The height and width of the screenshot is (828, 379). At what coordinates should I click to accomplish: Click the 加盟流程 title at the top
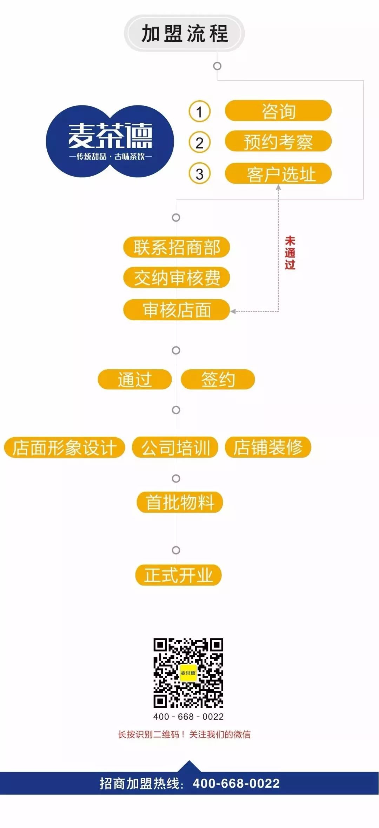tap(185, 33)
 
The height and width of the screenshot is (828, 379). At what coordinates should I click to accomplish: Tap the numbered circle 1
tap(199, 112)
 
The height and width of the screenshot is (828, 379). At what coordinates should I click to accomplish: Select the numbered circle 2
tap(199, 143)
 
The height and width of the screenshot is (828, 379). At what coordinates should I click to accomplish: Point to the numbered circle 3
tap(199, 174)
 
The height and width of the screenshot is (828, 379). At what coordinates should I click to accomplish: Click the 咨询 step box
tap(278, 111)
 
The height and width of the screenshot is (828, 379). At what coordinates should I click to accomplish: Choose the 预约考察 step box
tap(278, 142)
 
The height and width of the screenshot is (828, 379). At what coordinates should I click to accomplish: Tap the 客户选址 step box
tap(278, 174)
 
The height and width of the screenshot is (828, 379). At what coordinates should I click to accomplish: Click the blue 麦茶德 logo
tap(110, 141)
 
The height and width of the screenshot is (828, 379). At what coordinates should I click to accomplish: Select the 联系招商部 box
tap(177, 247)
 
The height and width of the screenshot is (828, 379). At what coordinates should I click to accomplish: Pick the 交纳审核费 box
tap(177, 278)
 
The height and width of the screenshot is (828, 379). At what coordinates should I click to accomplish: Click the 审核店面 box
tap(177, 310)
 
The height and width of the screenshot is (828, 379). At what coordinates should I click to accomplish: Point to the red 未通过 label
tap(290, 253)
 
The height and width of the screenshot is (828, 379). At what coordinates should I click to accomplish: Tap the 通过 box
tap(135, 379)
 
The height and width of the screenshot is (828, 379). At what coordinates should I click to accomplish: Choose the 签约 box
tap(218, 379)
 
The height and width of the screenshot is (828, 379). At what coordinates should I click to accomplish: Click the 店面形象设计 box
tap(65, 447)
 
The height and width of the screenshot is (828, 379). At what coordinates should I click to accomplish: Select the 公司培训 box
tap(175, 447)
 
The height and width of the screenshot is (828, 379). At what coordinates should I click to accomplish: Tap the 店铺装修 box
tap(268, 447)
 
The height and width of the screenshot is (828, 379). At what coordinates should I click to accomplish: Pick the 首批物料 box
tap(180, 502)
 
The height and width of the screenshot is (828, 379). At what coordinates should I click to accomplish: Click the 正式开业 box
tap(178, 575)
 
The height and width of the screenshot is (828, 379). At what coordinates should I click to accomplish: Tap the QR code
tap(188, 673)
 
